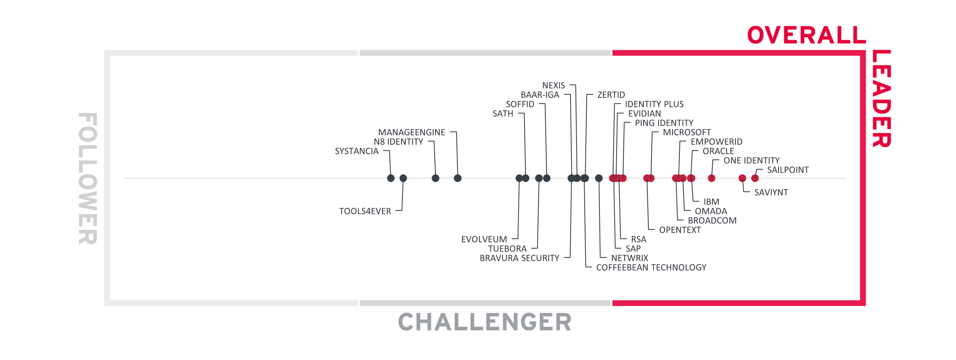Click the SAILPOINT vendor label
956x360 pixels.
tap(787, 170)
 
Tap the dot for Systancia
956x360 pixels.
tap(391, 178)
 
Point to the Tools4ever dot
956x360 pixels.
tap(403, 178)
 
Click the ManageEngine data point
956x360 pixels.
tap(458, 178)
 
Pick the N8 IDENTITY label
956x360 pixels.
tap(398, 142)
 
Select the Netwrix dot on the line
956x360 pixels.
tap(599, 178)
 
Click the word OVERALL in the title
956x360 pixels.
tap(806, 35)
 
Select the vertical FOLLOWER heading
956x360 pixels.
tap(88, 178)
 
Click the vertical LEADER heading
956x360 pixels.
tap(881, 99)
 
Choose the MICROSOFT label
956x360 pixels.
tap(687, 132)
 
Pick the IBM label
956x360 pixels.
tap(711, 202)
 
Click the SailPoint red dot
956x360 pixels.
tap(755, 178)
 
